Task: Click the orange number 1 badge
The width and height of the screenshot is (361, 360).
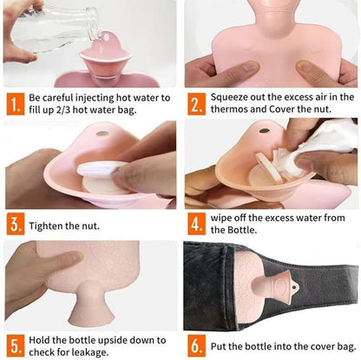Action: click(x=15, y=104)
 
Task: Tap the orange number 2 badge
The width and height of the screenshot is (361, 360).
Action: click(x=197, y=104)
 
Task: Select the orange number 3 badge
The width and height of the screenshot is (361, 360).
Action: click(x=16, y=224)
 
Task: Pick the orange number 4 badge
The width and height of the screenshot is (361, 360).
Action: click(x=197, y=224)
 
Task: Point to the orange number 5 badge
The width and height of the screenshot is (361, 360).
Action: click(x=15, y=345)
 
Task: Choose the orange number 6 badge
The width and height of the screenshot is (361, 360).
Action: click(x=197, y=345)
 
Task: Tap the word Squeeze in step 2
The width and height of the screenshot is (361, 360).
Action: click(x=228, y=97)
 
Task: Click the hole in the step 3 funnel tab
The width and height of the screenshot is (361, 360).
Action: click(x=102, y=134)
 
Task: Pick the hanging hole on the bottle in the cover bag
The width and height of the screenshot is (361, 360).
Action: click(x=294, y=288)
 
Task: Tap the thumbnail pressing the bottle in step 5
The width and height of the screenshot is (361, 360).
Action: click(x=76, y=256)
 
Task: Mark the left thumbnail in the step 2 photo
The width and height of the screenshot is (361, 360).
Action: click(x=249, y=67)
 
